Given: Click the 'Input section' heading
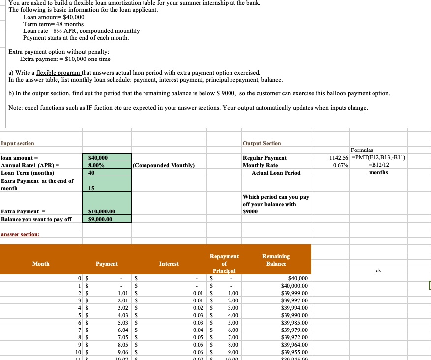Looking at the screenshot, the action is tap(18, 143).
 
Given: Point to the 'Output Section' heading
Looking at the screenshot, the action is tap(262, 143).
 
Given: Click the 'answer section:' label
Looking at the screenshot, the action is tap(20, 234).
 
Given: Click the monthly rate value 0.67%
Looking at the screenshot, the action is tap(341, 165).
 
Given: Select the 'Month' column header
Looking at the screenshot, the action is tap(41, 264).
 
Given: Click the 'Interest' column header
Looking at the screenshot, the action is tap(169, 264).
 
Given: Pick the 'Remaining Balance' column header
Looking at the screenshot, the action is tap(276, 260).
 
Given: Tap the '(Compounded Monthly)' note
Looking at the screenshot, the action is tap(164, 165).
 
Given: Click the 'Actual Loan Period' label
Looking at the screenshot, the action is tap(276, 173).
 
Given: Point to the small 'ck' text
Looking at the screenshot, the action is tap(378, 270).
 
